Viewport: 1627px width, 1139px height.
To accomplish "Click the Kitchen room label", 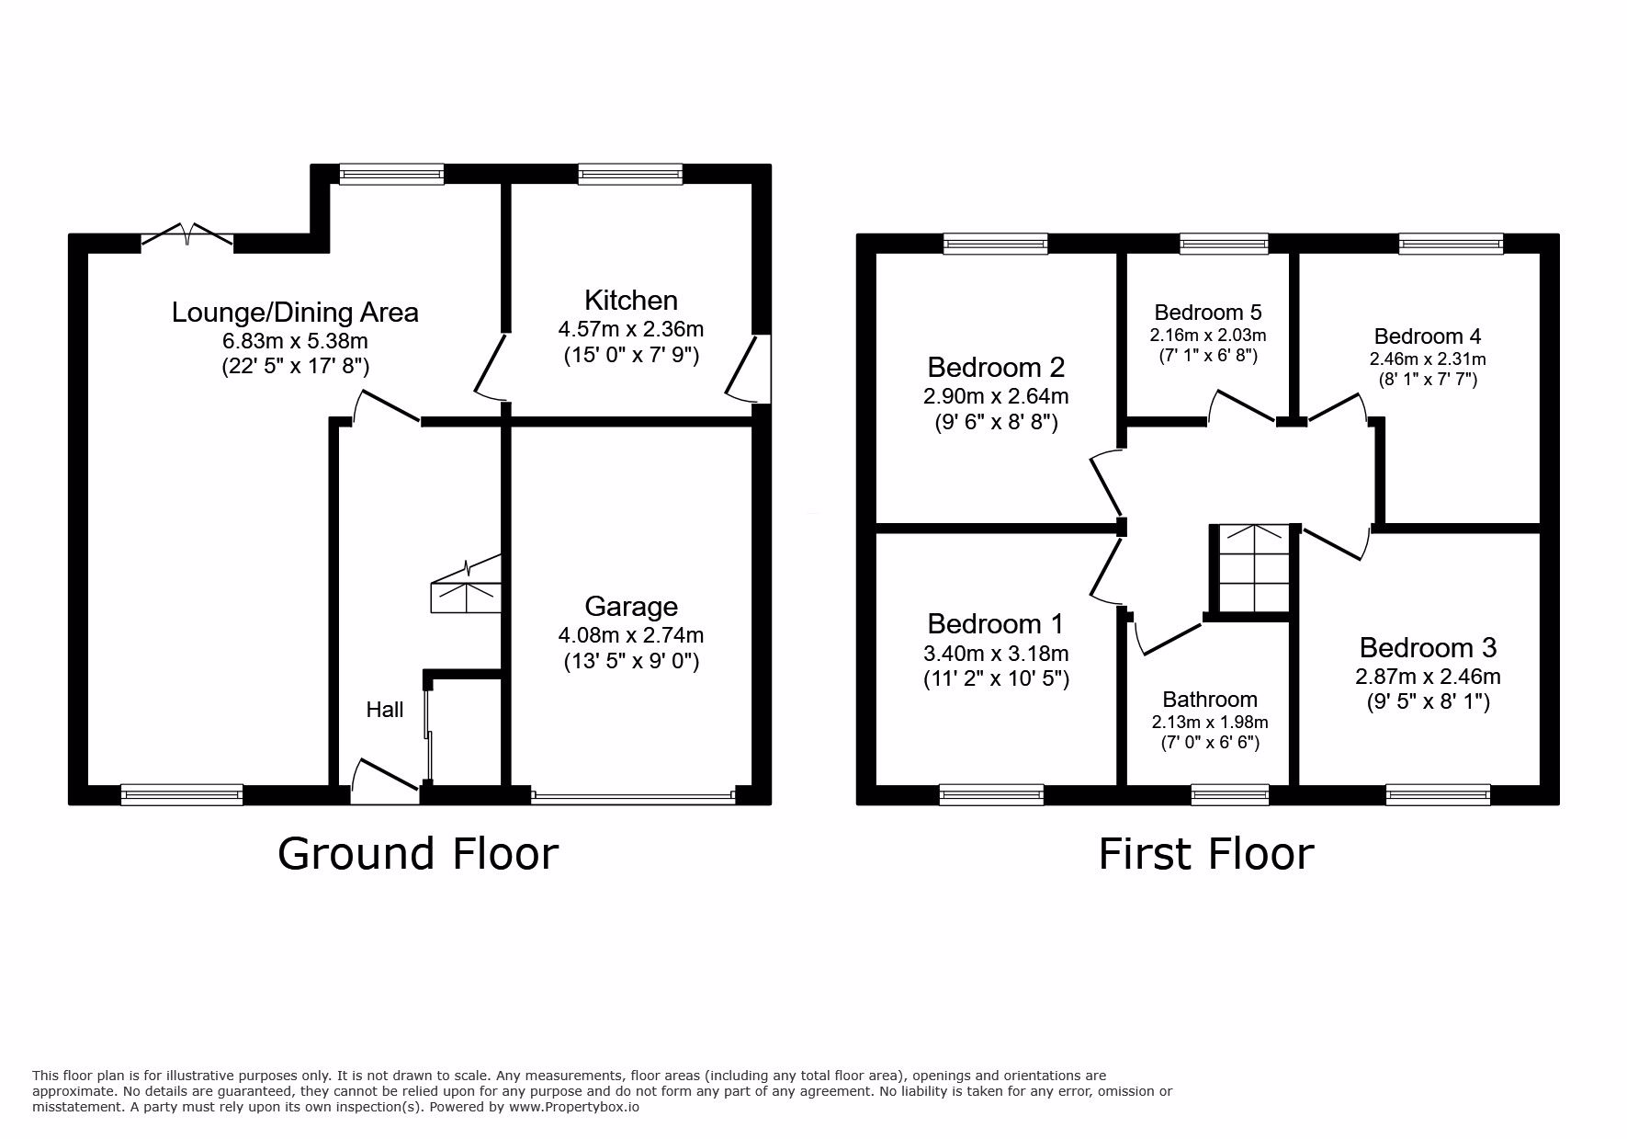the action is pyautogui.click(x=631, y=301).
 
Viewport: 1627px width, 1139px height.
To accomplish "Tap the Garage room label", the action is pyautogui.click(x=631, y=607).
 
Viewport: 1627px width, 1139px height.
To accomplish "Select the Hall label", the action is pyautogui.click(x=385, y=710).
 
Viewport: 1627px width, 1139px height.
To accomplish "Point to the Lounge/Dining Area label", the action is pyautogui.click(x=295, y=313).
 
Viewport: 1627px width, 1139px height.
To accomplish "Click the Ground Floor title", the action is pyautogui.click(x=418, y=853).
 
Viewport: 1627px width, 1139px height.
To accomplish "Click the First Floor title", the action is pyautogui.click(x=1206, y=853).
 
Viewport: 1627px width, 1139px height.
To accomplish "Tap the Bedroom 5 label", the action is pyautogui.click(x=1208, y=312).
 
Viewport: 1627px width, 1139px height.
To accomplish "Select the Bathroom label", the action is pyautogui.click(x=1210, y=700).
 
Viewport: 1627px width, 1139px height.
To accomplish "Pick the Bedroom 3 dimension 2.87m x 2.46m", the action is pyautogui.click(x=1428, y=678).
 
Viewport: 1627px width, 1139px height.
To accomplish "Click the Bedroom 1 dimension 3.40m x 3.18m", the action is pyautogui.click(x=996, y=654).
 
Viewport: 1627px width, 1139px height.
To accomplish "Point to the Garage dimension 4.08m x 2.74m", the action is pyautogui.click(x=631, y=635).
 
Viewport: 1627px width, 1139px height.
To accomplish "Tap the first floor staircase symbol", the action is pyautogui.click(x=1250, y=568).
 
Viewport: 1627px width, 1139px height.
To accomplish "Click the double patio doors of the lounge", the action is pyautogui.click(x=187, y=235).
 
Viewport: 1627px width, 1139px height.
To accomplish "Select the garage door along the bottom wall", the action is pyautogui.click(x=633, y=796).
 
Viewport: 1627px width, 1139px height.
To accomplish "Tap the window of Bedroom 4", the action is pyautogui.click(x=1451, y=244).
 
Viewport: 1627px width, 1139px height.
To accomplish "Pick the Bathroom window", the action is pyautogui.click(x=1229, y=795).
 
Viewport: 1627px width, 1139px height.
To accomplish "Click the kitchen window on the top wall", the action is pyautogui.click(x=630, y=175).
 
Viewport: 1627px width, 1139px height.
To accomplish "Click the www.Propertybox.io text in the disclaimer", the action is pyautogui.click(x=573, y=1108).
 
